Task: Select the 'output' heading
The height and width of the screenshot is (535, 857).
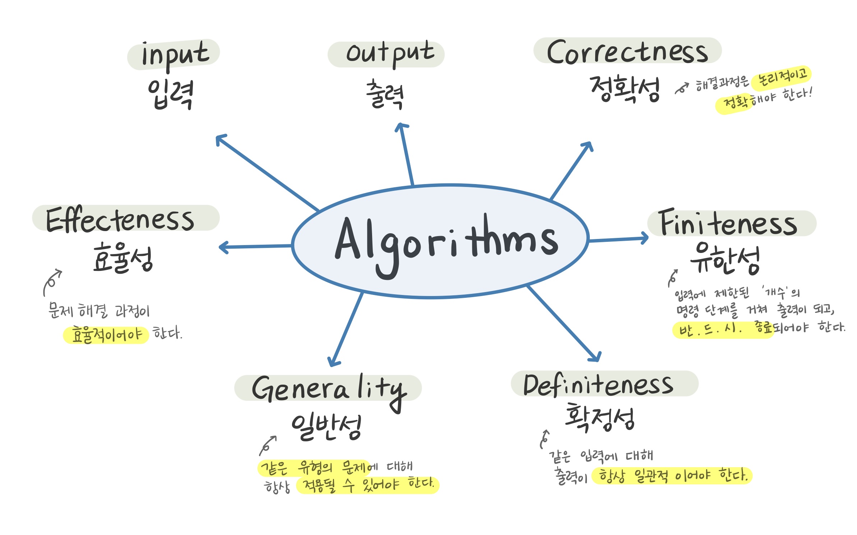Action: [x=390, y=54]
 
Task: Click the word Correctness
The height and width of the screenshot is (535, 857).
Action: [x=627, y=52]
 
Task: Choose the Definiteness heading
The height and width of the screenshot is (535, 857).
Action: [x=598, y=385]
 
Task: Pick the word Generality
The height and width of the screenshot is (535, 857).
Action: [x=329, y=389]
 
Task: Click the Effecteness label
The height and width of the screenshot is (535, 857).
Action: [x=120, y=219]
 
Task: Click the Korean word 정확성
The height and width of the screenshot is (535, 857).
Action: [x=625, y=89]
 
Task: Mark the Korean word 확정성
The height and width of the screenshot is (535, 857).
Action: [x=600, y=418]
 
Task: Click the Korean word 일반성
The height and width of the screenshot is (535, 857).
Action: [x=326, y=427]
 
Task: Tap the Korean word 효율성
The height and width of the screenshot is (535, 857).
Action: [x=123, y=258]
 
